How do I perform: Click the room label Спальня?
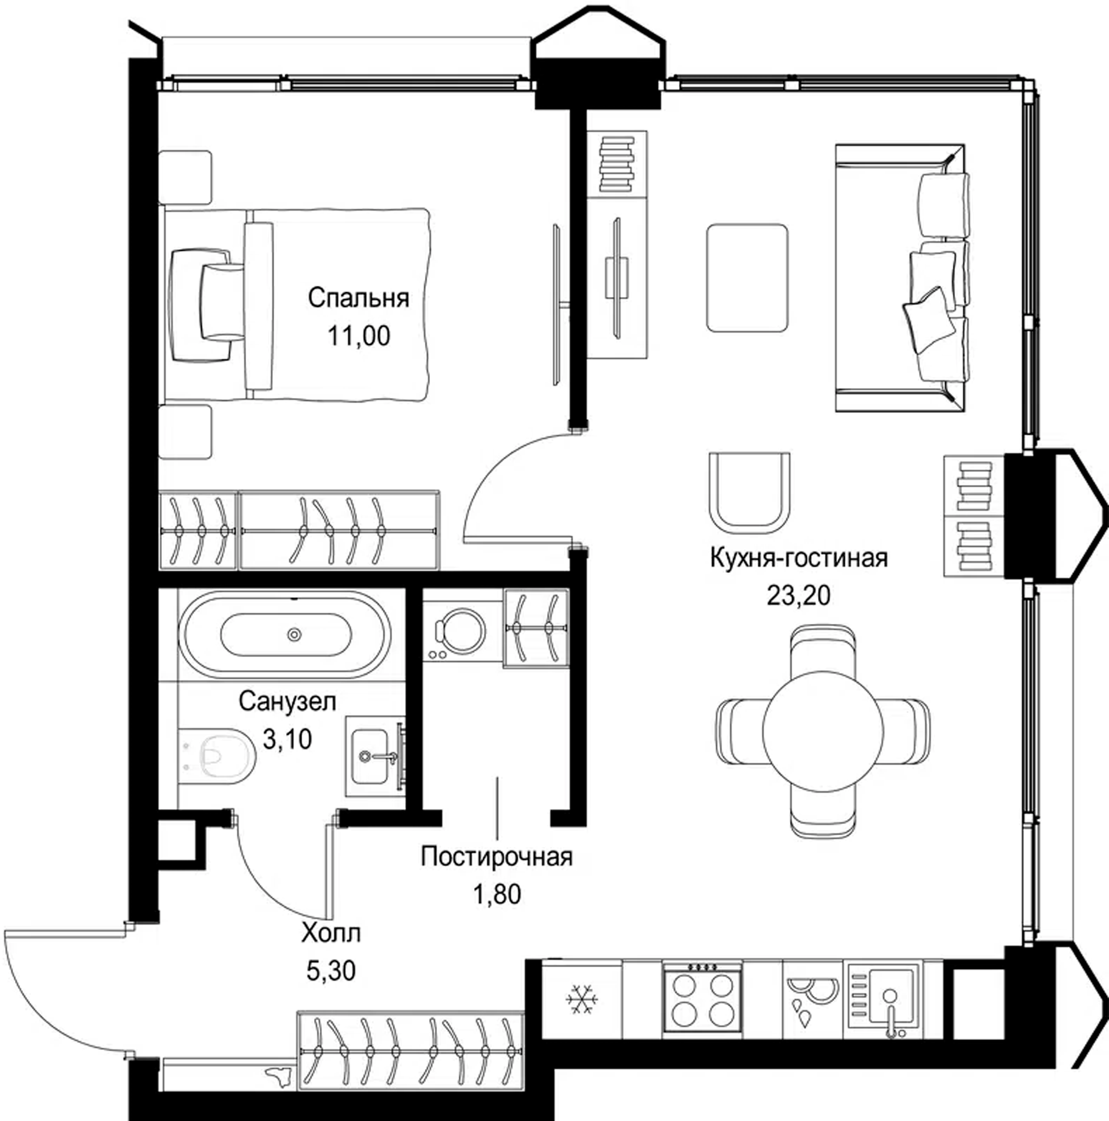[x=358, y=298]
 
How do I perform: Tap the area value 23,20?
[x=798, y=596]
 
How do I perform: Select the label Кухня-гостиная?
[x=799, y=557]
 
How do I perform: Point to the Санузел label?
[x=287, y=701]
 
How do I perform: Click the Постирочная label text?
[x=497, y=857]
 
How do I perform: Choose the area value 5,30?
[x=331, y=970]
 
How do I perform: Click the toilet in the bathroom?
[x=217, y=755]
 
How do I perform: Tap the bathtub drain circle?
[x=294, y=635]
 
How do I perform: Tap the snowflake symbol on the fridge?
[x=582, y=1000]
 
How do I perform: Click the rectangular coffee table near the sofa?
[x=747, y=278]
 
